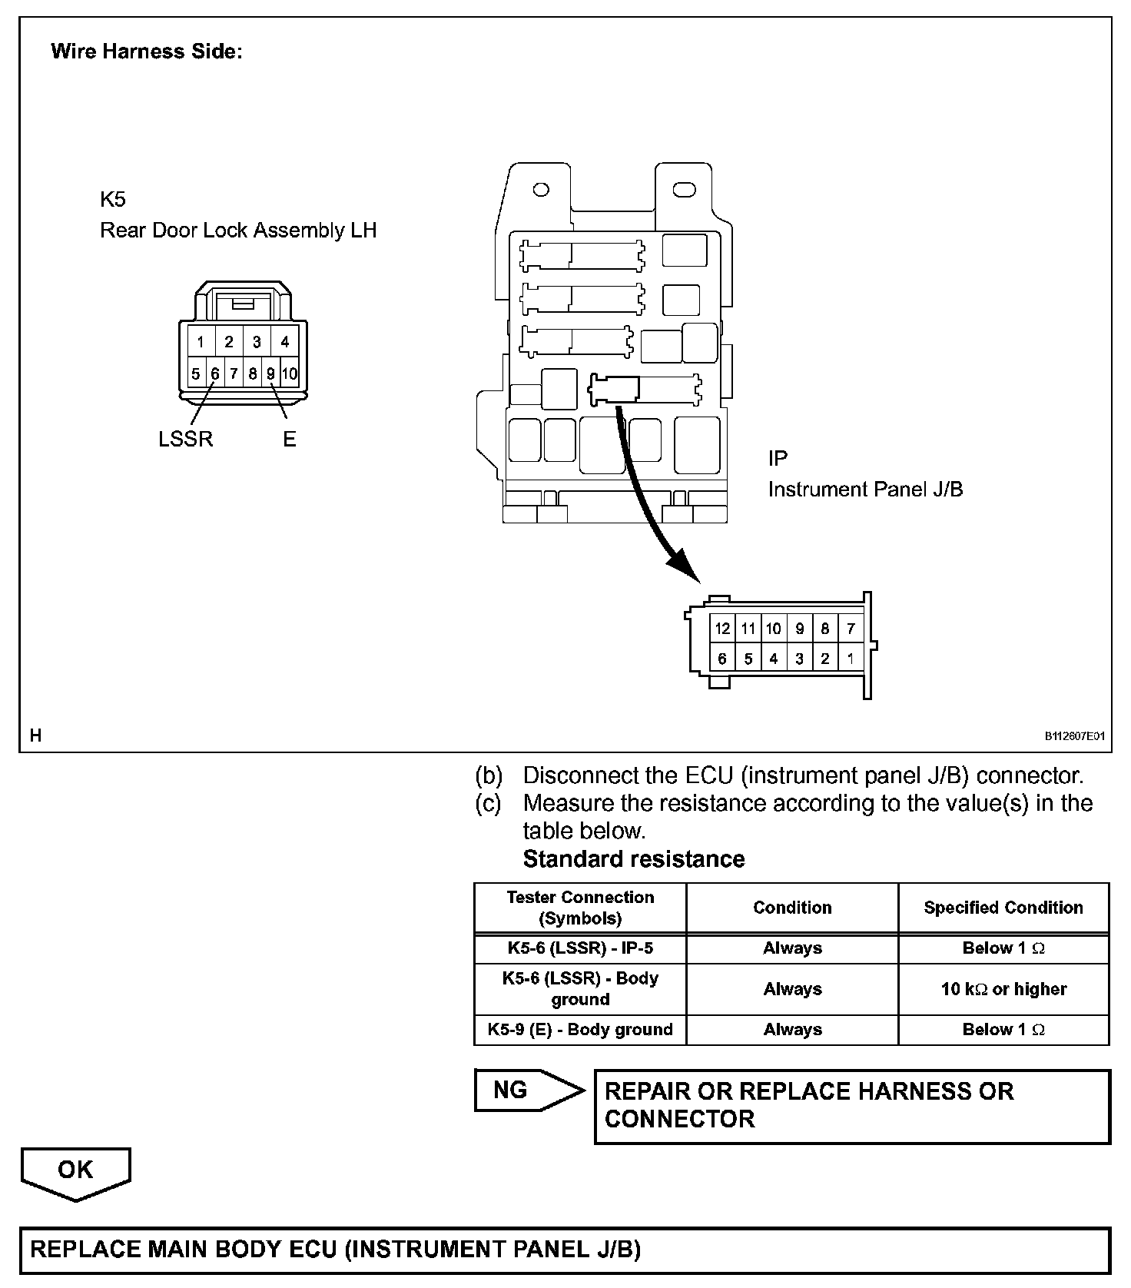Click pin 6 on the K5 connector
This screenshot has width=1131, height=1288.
tap(215, 374)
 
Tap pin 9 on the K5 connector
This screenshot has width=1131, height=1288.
tap(270, 374)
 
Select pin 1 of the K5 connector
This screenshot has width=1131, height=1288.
tap(201, 342)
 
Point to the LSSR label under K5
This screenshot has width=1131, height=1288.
tap(185, 439)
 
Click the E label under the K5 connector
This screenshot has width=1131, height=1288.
tap(290, 439)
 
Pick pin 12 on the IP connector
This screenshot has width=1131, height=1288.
tap(722, 629)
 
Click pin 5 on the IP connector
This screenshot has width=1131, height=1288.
tap(748, 659)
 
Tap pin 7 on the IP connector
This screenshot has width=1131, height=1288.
tap(851, 629)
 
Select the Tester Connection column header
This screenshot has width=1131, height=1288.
tap(580, 908)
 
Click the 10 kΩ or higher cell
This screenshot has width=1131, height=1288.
tap(1003, 989)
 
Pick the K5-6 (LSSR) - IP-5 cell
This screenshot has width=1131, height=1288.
tap(580, 948)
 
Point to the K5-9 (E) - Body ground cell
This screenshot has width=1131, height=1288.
tap(580, 1030)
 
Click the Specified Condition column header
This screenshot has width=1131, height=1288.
tap(1003, 908)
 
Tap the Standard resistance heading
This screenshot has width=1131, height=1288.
tap(634, 859)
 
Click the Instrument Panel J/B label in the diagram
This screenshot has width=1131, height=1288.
tap(865, 490)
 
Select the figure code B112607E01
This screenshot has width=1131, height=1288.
tap(1073, 736)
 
